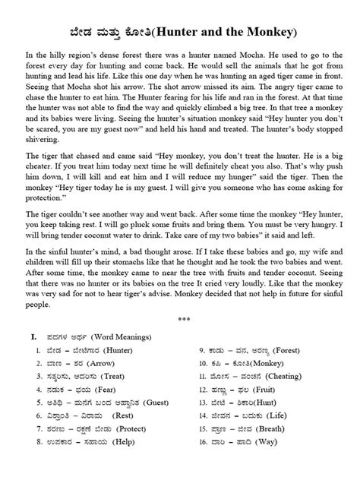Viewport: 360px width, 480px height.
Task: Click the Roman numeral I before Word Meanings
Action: point(33,335)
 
